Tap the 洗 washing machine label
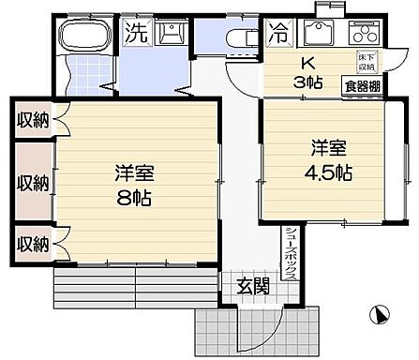[136, 35]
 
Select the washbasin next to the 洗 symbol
[169, 35]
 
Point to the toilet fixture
[241, 38]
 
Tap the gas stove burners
[361, 35]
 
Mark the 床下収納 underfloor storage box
[366, 62]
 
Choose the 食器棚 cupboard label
[361, 85]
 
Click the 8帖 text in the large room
[134, 199]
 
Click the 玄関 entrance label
[252, 284]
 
